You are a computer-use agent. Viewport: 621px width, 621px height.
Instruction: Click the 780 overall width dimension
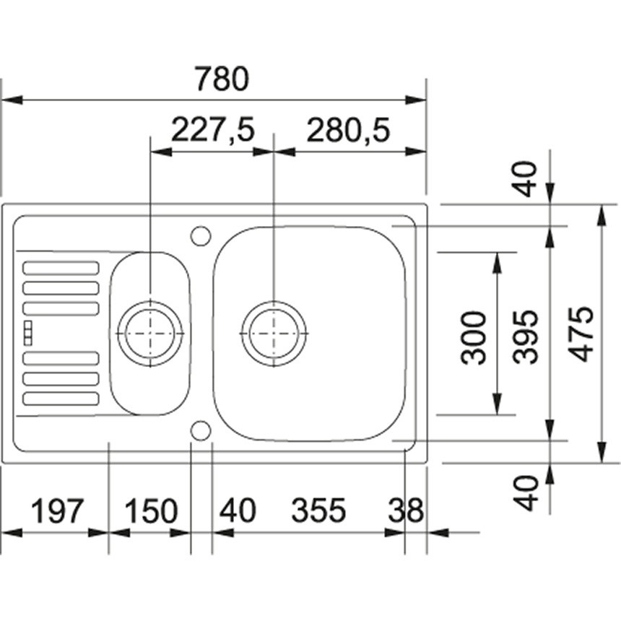pyautogui.click(x=222, y=79)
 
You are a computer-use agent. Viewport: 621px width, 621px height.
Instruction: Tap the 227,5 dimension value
pyautogui.click(x=212, y=129)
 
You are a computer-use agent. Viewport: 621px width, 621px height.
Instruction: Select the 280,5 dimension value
pyautogui.click(x=349, y=129)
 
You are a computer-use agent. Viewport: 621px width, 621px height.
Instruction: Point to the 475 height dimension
pyautogui.click(x=582, y=334)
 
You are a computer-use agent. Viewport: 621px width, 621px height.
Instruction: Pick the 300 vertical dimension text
pyautogui.click(x=473, y=337)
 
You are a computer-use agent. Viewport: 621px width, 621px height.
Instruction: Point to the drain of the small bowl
pyautogui.click(x=150, y=334)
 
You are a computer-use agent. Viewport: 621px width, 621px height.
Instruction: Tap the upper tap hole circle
pyautogui.click(x=201, y=236)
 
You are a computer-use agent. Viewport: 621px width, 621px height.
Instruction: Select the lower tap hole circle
pyautogui.click(x=201, y=430)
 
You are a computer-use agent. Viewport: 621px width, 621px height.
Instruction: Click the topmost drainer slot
pyautogui.click(x=61, y=268)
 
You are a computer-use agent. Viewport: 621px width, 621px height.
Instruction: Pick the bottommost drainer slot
pyautogui.click(x=61, y=399)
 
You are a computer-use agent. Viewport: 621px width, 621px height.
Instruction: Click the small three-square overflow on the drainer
pyautogui.click(x=28, y=333)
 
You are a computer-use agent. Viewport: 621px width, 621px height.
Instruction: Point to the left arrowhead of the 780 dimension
pyautogui.click(x=12, y=100)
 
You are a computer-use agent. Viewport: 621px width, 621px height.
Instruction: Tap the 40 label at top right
pyautogui.click(x=526, y=179)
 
